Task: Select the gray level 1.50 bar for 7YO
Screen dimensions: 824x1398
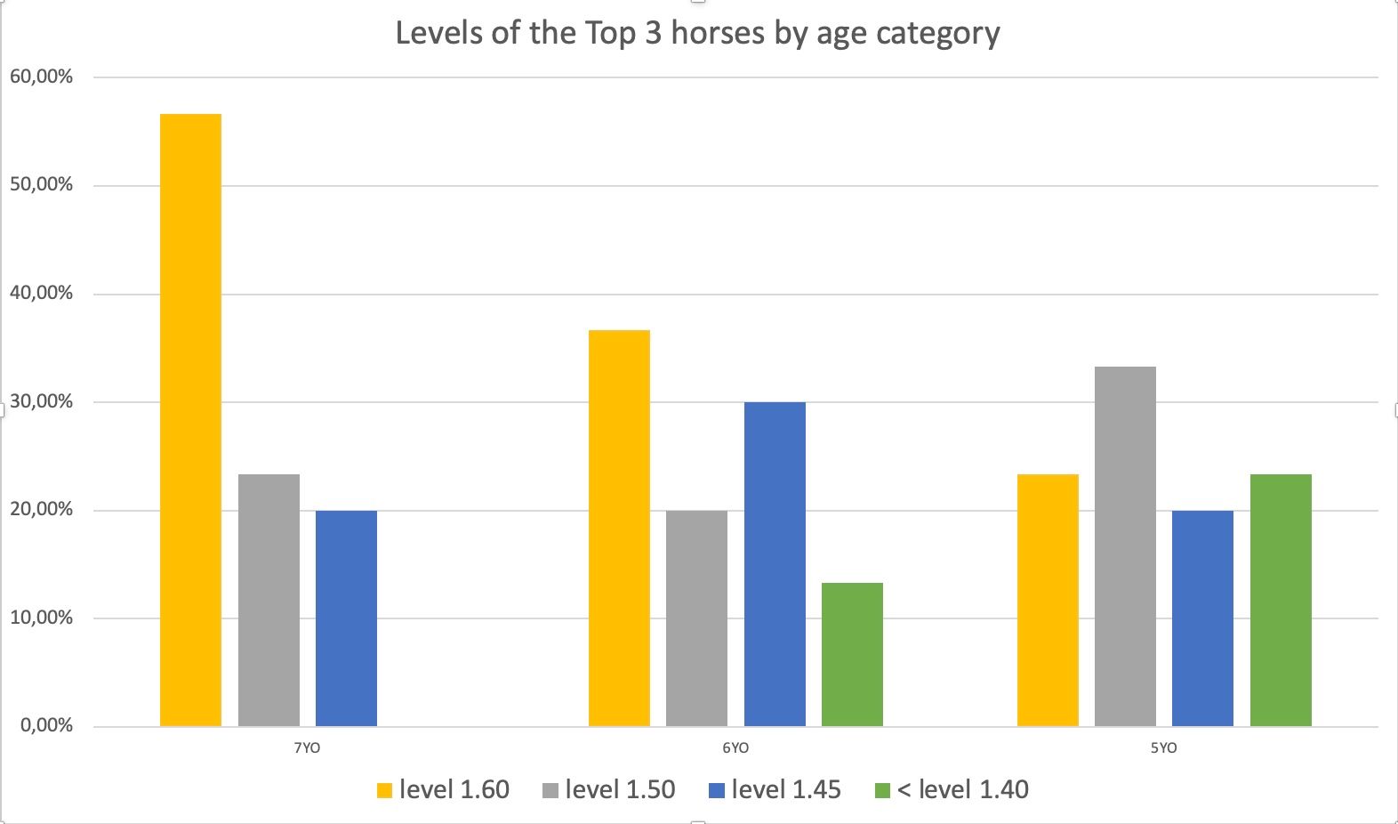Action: click(x=269, y=601)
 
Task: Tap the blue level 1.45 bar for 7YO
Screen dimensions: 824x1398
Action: click(x=346, y=618)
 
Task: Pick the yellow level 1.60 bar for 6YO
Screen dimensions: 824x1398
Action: click(x=619, y=529)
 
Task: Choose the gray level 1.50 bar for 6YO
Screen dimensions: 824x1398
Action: click(x=696, y=618)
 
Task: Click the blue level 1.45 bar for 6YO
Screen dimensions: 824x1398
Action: click(x=775, y=564)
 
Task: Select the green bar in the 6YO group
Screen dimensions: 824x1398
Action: click(x=852, y=655)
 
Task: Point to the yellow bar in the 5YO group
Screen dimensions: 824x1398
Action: click(x=1048, y=601)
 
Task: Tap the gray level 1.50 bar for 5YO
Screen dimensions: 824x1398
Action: click(x=1125, y=546)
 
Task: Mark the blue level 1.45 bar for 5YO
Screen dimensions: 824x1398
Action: click(x=1202, y=618)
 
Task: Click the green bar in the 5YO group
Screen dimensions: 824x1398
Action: click(x=1281, y=601)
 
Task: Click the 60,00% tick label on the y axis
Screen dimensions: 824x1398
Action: click(x=41, y=77)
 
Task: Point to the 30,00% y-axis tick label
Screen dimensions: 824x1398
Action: click(x=41, y=402)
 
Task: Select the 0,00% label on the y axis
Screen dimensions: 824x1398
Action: click(x=46, y=726)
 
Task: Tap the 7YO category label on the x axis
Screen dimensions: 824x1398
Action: click(x=307, y=748)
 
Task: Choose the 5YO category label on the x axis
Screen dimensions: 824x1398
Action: click(x=1163, y=748)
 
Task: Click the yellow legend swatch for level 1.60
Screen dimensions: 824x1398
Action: click(x=384, y=790)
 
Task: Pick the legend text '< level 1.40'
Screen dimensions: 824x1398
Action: click(x=963, y=789)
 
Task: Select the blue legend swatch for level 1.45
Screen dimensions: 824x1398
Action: click(x=716, y=790)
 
